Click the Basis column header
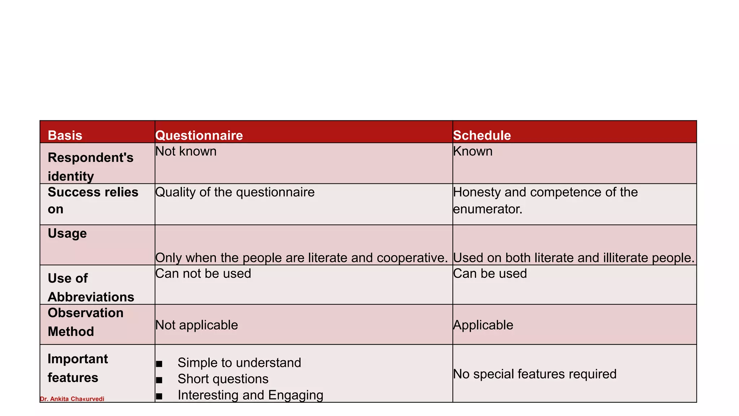[65, 135]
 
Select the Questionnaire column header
[199, 135]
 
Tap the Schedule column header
[482, 135]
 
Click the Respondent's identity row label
[90, 167]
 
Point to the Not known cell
[186, 151]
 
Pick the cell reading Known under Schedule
[473, 151]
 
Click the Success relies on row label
[93, 200]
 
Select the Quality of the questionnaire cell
[235, 192]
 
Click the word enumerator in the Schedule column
[487, 209]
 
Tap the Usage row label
[67, 233]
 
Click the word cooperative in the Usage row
[412, 258]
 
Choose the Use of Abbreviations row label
[91, 287]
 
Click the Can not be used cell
[203, 273]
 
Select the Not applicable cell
[197, 325]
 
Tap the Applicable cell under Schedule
[483, 325]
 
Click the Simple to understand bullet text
[239, 363]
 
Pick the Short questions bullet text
[223, 379]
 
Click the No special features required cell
[534, 374]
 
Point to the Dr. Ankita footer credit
[72, 399]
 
